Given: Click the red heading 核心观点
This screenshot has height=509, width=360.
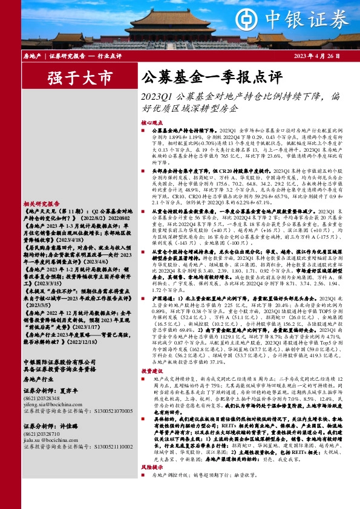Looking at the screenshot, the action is [152, 122].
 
